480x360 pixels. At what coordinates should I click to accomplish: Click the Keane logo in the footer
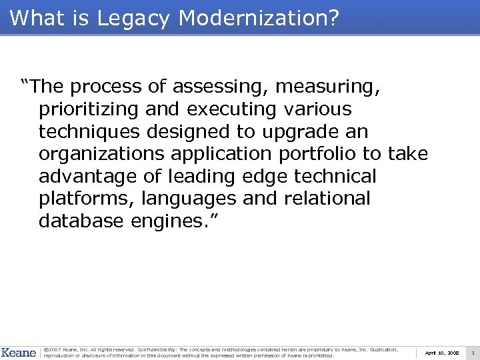pos(19,352)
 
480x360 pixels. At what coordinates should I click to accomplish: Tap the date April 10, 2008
pos(441,352)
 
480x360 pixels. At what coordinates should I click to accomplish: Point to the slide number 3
pos(472,352)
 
